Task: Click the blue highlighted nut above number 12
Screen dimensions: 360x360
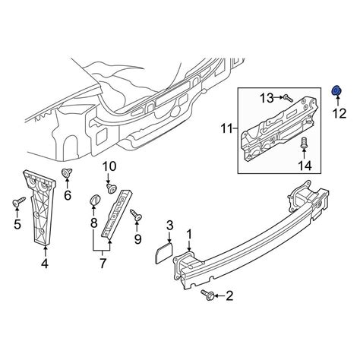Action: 336,90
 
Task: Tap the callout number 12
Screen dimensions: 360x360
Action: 339,113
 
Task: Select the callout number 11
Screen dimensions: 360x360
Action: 227,129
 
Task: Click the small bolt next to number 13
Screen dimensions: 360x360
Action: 288,97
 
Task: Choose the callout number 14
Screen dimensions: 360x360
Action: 305,166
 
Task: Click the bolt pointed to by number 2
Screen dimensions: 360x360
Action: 208,295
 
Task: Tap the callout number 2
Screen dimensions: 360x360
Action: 229,295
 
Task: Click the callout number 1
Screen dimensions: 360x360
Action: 189,235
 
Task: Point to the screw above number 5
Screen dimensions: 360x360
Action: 18,201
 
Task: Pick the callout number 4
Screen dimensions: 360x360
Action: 45,264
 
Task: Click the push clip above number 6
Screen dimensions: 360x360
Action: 67,173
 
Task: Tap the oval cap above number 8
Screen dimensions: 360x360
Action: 95,200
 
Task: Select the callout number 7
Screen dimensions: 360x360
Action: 103,264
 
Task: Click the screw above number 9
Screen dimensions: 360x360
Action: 136,215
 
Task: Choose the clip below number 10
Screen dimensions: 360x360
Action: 111,188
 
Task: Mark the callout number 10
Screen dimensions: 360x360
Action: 109,166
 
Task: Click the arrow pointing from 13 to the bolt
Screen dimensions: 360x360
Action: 279,97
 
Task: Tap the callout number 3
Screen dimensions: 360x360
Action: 169,225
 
